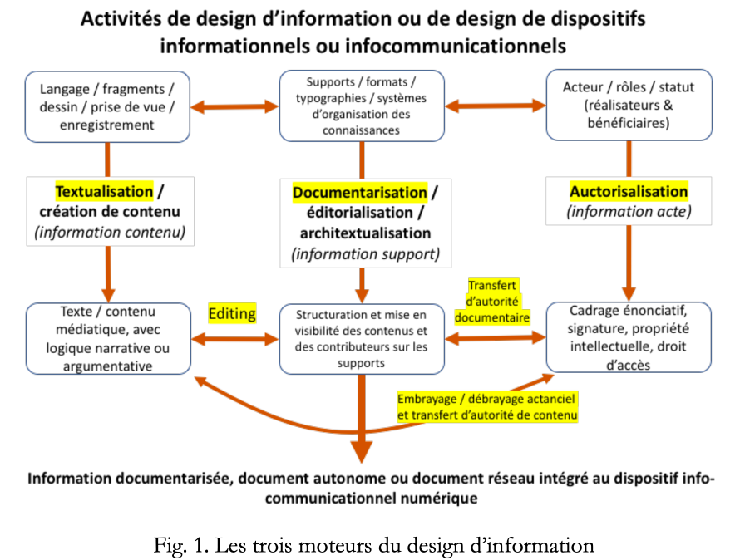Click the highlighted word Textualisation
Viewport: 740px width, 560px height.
click(104, 192)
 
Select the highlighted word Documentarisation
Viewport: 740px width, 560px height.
click(360, 193)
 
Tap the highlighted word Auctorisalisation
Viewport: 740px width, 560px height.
click(629, 191)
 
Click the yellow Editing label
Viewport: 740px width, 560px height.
click(232, 313)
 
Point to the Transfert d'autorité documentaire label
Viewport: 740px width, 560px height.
click(492, 302)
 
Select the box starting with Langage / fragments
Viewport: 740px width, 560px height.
click(107, 107)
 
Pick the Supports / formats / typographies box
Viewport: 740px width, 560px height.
click(362, 106)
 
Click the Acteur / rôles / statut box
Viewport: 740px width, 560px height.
click(629, 106)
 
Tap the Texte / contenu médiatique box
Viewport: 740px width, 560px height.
click(109, 339)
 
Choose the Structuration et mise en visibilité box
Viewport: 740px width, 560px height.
click(362, 339)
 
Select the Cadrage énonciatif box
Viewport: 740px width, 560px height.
click(629, 337)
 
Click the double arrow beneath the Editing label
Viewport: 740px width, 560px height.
click(235, 339)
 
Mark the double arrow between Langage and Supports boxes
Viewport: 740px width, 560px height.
click(234, 106)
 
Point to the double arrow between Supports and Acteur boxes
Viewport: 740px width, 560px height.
click(495, 106)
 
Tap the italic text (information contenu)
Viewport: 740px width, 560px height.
click(110, 232)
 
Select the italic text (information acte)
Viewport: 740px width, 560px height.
click(629, 211)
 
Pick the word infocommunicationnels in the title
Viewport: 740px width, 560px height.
click(456, 47)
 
